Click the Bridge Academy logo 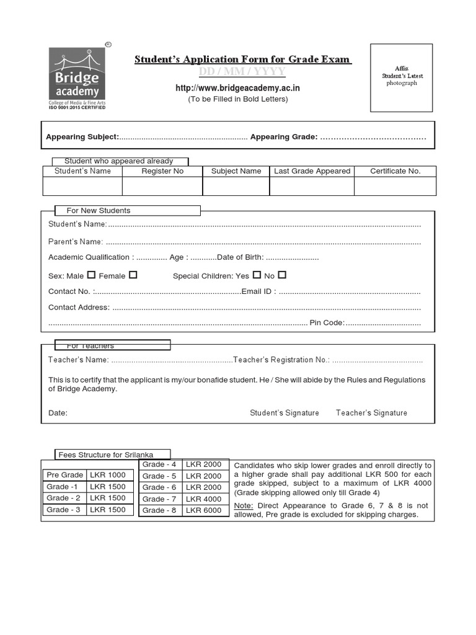[77, 77]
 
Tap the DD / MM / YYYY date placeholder [242, 73]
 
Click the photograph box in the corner [402, 78]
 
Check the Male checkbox [91, 275]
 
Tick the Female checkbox [133, 275]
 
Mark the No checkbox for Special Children [282, 275]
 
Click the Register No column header [162, 171]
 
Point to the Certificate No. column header [395, 171]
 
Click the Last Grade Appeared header [312, 171]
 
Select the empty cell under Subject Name [236, 187]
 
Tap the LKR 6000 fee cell [203, 510]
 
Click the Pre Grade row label [64, 475]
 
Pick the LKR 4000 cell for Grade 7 [203, 499]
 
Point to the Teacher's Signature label [371, 413]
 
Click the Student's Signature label [284, 413]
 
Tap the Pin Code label [327, 323]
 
